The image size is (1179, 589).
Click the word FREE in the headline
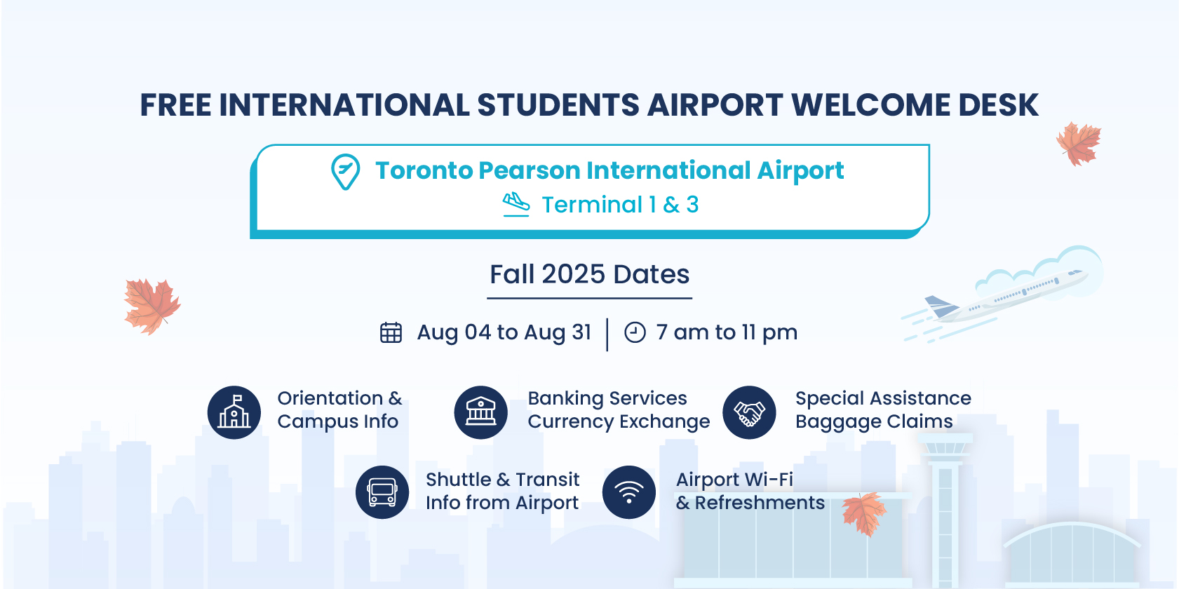coord(175,104)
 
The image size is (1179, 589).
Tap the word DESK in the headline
coord(998,104)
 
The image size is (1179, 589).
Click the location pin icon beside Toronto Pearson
coord(345,172)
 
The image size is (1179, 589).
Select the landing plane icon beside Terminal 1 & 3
coord(516,204)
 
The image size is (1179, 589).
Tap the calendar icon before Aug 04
coord(391,332)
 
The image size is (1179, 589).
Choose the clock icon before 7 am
coord(635,332)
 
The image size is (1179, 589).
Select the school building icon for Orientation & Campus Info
coord(234,412)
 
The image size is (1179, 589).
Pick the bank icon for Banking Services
coord(480,412)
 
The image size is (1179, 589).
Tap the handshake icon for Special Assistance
coord(749,412)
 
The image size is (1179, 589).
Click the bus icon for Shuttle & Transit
coord(382,492)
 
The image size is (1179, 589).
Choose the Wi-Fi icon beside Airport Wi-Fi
coord(629,492)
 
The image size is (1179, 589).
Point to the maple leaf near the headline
coord(1079,144)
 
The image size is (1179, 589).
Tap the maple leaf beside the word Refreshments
coord(864,514)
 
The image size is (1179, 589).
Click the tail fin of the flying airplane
coord(941,306)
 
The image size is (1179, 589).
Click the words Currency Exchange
coord(619,422)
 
